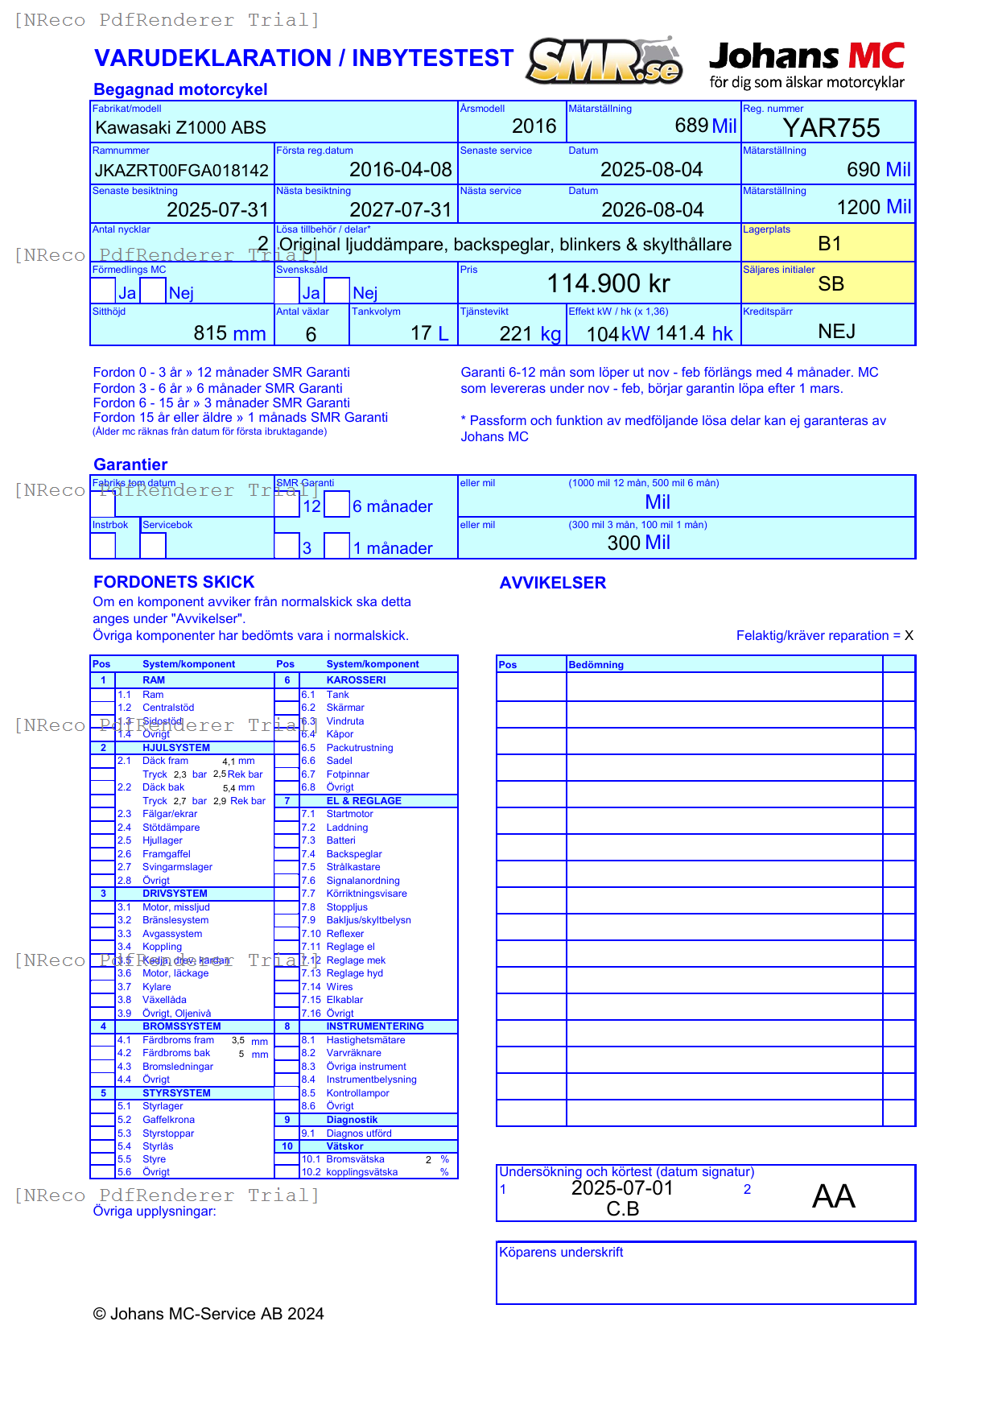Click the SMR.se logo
(x=604, y=61)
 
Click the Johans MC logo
(x=806, y=64)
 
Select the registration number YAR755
(x=831, y=128)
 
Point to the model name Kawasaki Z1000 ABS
(x=180, y=128)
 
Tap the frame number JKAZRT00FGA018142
(x=182, y=171)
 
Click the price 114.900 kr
(x=608, y=283)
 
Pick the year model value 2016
(x=534, y=126)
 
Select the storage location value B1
(x=829, y=244)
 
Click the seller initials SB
(x=831, y=284)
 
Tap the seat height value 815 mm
(x=229, y=333)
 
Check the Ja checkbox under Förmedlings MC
(x=103, y=291)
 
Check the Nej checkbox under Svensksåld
(x=336, y=291)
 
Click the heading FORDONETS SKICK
(x=174, y=582)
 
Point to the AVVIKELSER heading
(x=552, y=583)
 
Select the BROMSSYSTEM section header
(x=181, y=1026)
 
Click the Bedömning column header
(x=596, y=665)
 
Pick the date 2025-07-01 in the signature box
(x=621, y=1188)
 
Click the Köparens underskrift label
(x=561, y=1253)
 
